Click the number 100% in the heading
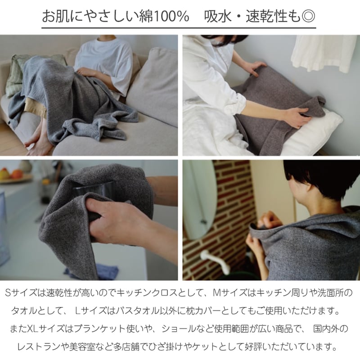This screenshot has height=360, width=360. (x=171, y=16)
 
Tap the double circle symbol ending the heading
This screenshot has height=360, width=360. (x=308, y=16)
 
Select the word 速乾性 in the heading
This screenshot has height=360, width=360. (x=266, y=16)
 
